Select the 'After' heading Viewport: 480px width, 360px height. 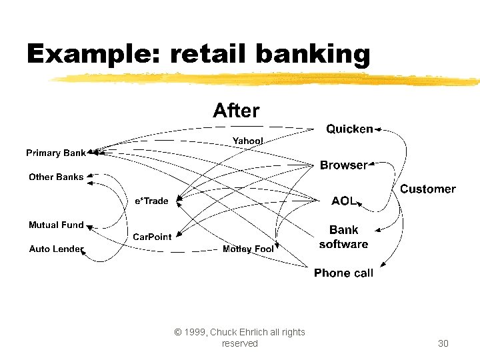click(x=236, y=111)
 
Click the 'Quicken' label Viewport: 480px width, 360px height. click(x=349, y=129)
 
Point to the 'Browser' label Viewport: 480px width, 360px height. click(x=343, y=165)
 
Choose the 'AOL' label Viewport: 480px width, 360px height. click(x=344, y=201)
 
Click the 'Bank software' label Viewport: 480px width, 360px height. click(x=343, y=237)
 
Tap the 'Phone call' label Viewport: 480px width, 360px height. click(x=343, y=273)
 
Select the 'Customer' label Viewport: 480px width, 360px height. click(x=427, y=189)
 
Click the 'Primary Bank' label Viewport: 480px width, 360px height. click(x=56, y=153)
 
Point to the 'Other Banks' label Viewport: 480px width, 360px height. click(x=56, y=177)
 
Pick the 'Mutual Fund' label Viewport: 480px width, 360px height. click(x=56, y=225)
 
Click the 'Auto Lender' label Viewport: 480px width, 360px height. click(x=56, y=249)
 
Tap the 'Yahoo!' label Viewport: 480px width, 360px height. click(x=247, y=141)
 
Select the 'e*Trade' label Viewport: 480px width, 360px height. click(x=151, y=201)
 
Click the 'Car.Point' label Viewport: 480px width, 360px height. click(x=152, y=237)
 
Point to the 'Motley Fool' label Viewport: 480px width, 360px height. click(x=248, y=249)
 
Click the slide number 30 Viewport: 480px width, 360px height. click(x=443, y=343)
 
